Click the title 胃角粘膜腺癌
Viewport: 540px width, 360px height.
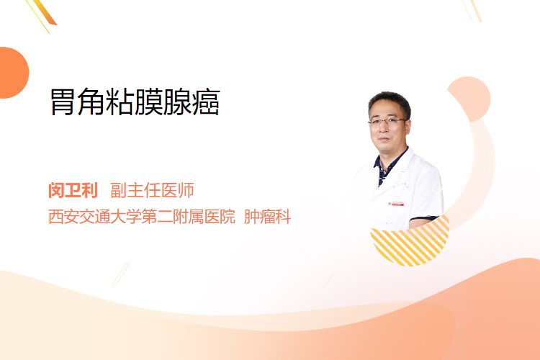pos(135,102)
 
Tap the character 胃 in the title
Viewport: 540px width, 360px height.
pos(63,102)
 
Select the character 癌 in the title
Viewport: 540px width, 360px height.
pos(207,102)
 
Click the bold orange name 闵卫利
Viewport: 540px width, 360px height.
pos(73,191)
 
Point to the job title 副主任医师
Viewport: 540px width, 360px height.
pos(152,191)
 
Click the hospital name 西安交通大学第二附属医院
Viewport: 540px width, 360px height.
pos(142,217)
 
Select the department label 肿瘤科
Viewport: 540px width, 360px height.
pos(268,217)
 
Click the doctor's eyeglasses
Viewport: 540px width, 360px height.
pos(387,121)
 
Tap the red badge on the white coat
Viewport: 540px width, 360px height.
pos(396,204)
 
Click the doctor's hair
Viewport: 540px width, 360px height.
pos(390,101)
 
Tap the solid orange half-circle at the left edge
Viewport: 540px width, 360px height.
pos(13,73)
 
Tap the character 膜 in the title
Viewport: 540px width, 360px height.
pos(148,102)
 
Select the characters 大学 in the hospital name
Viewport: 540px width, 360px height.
pos(126,217)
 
